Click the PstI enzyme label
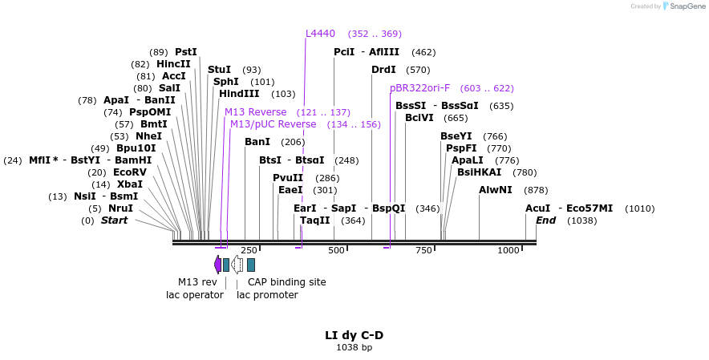(x=185, y=52)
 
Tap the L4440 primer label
(x=320, y=34)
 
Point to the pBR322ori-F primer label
(x=419, y=88)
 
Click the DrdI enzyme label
(x=383, y=70)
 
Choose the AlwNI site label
(x=495, y=190)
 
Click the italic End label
(x=545, y=220)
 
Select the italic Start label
(x=114, y=220)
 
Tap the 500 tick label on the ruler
(x=336, y=251)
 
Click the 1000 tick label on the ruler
(x=508, y=251)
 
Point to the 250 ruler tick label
(x=249, y=251)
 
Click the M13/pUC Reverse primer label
(x=273, y=124)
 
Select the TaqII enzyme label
(x=314, y=220)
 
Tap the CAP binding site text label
(x=286, y=282)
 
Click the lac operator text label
(x=195, y=295)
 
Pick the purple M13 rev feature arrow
(x=217, y=264)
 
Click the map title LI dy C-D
(x=354, y=335)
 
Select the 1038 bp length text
(x=354, y=348)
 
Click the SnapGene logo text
(x=687, y=6)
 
